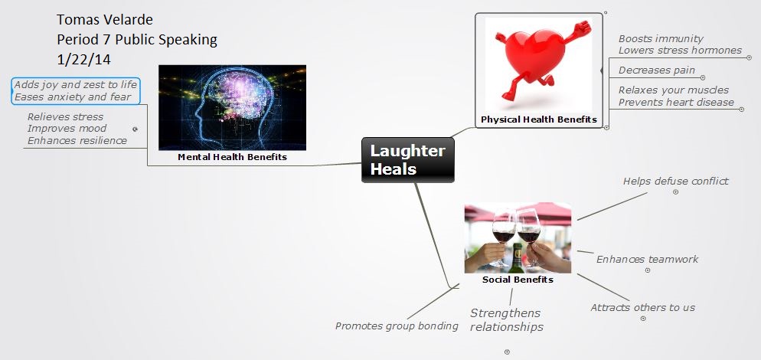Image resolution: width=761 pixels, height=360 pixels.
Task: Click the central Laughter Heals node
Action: click(407, 159)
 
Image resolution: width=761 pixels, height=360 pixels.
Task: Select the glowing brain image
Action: click(232, 107)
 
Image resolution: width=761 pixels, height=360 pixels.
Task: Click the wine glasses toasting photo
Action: click(518, 237)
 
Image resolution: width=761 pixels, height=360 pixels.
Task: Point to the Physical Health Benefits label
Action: click(538, 119)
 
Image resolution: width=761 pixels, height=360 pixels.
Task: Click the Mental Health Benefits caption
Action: click(232, 157)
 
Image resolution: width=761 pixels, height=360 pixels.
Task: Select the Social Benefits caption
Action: click(518, 280)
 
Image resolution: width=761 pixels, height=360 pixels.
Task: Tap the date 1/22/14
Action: click(84, 58)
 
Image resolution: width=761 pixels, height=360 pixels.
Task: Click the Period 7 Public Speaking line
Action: click(137, 39)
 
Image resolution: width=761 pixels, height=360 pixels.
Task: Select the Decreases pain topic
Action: click(656, 70)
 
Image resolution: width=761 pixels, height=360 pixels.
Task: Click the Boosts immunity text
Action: click(661, 38)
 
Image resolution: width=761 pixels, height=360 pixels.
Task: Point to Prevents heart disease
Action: click(676, 102)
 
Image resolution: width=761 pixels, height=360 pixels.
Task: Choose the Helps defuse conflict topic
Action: click(675, 182)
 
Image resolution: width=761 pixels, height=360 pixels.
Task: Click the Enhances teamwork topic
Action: click(647, 259)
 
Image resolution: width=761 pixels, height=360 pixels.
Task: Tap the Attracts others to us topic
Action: click(642, 307)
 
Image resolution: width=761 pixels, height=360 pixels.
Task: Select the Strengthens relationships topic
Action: click(506, 319)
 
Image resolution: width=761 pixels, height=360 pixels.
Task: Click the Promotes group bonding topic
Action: click(397, 326)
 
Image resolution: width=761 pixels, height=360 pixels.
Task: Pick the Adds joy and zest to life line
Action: click(75, 84)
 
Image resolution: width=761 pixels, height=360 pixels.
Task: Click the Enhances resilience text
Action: click(77, 140)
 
